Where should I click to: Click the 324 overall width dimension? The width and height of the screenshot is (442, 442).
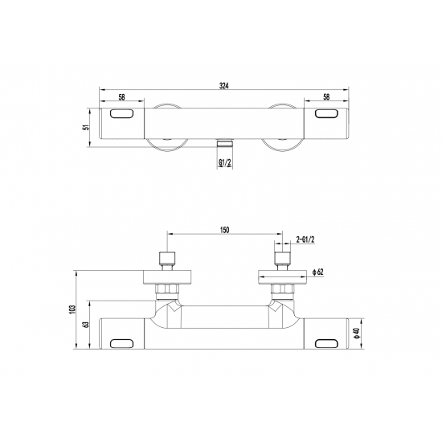(x=224, y=86)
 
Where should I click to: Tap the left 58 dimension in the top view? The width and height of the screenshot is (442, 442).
(x=121, y=97)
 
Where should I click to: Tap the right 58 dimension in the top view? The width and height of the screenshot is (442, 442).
(x=326, y=96)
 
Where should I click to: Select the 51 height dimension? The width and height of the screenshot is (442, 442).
(x=87, y=127)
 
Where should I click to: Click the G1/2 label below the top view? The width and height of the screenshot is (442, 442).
(x=225, y=162)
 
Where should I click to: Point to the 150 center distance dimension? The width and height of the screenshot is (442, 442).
(x=225, y=230)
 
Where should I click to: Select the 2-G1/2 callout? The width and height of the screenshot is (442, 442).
(x=305, y=239)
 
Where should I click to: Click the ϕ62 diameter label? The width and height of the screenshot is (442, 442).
(x=318, y=272)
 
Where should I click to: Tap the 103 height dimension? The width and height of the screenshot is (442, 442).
(x=73, y=309)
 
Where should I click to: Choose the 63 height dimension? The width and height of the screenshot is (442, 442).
(x=86, y=325)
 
